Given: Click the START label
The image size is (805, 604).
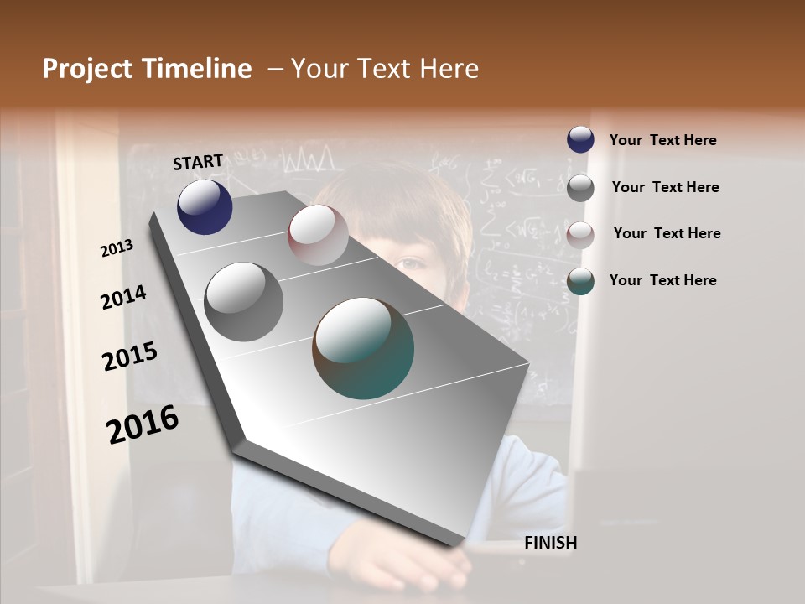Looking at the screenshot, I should click(198, 162).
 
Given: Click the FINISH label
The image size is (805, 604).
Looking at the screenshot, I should click(550, 543).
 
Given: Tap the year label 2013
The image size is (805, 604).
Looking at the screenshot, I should click(117, 247).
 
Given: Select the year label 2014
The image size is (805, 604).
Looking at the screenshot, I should click(124, 298).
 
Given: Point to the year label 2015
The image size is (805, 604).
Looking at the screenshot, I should click(130, 357).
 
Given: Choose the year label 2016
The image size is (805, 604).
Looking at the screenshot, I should click(143, 424).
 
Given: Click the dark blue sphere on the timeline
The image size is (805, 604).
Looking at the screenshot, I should click(205, 206).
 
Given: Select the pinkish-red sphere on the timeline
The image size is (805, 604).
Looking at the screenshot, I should click(318, 235).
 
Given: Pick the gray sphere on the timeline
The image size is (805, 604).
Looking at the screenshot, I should click(244, 302).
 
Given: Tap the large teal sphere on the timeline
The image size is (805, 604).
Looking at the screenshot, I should click(363, 348).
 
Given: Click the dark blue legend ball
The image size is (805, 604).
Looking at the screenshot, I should click(580, 139).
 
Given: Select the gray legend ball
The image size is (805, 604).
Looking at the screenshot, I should click(580, 187).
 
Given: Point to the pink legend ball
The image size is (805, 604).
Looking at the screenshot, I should click(580, 234).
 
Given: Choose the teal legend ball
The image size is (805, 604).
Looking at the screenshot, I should click(580, 281).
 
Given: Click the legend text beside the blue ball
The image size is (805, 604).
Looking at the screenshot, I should click(662, 140).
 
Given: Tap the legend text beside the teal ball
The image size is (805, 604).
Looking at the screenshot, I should click(662, 280).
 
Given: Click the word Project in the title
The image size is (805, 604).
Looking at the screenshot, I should click(87, 69).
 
